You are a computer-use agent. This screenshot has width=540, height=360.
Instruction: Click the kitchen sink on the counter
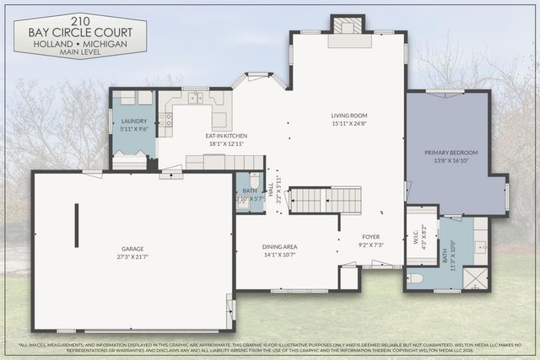pyautogui.click(x=196, y=98)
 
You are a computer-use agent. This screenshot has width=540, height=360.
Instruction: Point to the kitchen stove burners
pyautogui.click(x=166, y=120)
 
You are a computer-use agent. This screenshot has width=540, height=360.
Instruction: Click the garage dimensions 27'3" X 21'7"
pyautogui.click(x=132, y=256)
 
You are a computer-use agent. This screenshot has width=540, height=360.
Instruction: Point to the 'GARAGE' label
pyautogui.click(x=132, y=249)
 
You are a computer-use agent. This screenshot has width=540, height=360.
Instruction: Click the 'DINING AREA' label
pyautogui.click(x=278, y=246)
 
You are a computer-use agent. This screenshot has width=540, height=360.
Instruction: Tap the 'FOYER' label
pyautogui.click(x=372, y=237)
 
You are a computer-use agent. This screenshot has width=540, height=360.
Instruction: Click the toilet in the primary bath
pyautogui.click(x=415, y=277)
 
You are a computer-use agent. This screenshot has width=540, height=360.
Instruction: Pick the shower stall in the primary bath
pyautogui.click(x=475, y=278)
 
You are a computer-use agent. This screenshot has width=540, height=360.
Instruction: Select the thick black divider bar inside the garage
pyautogui.click(x=76, y=225)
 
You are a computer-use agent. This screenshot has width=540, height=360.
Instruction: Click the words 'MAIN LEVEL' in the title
pyautogui.click(x=80, y=51)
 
